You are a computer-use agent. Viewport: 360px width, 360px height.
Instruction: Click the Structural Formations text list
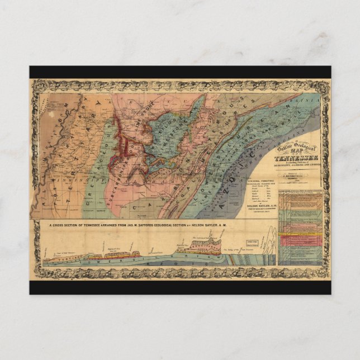point(254,196)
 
